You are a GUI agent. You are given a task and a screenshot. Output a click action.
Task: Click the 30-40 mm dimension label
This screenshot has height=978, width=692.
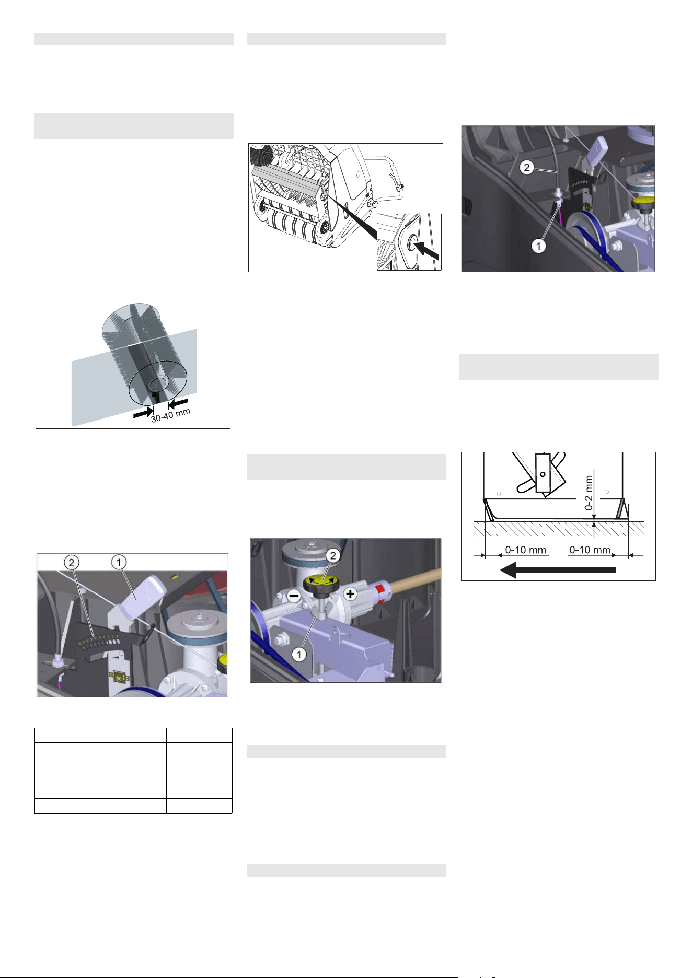click(x=170, y=415)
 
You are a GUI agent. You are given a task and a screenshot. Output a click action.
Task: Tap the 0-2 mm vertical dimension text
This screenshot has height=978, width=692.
click(x=589, y=492)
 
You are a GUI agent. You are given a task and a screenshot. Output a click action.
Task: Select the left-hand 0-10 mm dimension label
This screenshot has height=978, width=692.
click(x=525, y=550)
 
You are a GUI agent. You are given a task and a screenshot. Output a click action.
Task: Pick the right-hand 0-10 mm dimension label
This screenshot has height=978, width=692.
click(x=590, y=550)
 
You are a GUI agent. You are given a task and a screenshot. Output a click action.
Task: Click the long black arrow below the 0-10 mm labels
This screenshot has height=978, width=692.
click(x=558, y=570)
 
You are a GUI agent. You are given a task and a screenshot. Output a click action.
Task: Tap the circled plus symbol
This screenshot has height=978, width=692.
click(x=350, y=594)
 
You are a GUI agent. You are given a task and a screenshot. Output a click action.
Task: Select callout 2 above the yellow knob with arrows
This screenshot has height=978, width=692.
click(x=333, y=556)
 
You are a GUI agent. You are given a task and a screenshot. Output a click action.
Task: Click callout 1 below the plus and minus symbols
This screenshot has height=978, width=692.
click(x=299, y=654)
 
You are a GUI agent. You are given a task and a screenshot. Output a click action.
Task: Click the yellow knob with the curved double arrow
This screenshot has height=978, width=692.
click(x=321, y=581)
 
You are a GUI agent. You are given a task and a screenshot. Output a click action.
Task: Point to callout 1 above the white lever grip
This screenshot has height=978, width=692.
click(x=119, y=562)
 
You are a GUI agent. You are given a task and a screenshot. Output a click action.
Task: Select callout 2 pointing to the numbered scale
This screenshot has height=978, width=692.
click(x=72, y=562)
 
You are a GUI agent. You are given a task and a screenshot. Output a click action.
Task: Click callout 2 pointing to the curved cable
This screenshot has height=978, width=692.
click(x=527, y=168)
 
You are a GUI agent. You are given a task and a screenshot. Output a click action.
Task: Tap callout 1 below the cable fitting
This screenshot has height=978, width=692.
click(x=539, y=245)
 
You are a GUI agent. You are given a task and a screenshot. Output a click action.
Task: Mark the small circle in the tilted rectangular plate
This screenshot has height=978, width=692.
click(x=543, y=474)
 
